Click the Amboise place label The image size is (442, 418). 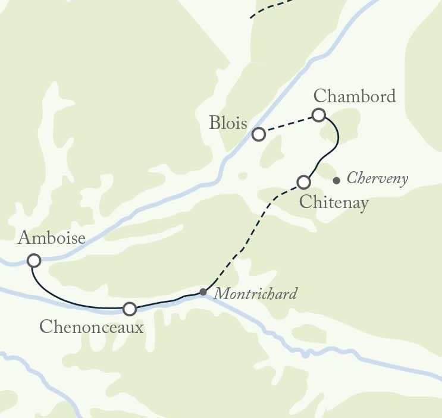pos(52,238)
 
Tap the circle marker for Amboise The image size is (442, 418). pos(34,260)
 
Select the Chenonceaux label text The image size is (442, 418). pos(91,326)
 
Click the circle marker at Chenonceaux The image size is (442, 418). pos(129,309)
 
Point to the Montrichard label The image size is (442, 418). pos(255,294)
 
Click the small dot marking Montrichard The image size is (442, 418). pos(203,292)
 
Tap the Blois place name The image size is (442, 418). pos(228,123)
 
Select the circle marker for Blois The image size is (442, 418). pos(258,134)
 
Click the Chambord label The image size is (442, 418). pos(354,96)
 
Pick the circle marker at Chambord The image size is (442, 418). pos(319,115)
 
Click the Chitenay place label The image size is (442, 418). pos(334,202)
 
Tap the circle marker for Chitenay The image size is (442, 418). pos(303,181)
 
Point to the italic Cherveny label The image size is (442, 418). pos(377,178)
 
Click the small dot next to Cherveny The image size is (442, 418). pos(337,180)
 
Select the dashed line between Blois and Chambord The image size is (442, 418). pos(289,124)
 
